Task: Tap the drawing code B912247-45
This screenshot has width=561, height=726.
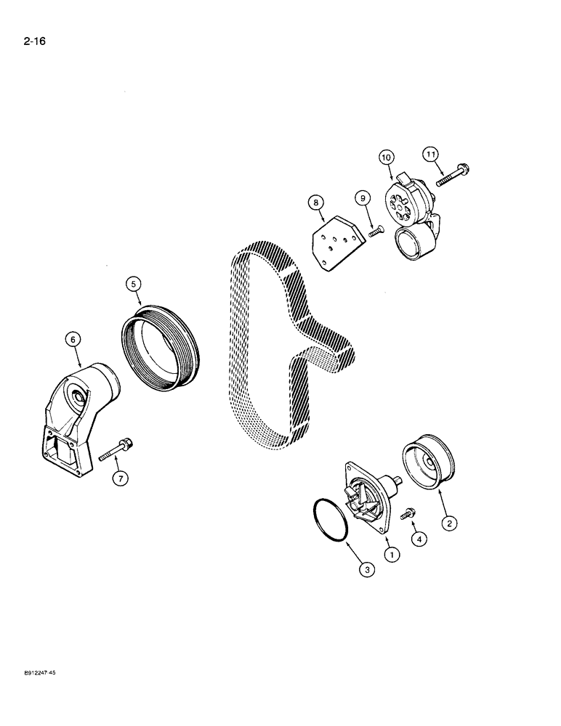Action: pyautogui.click(x=34, y=674)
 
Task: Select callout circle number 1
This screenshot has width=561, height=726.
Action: pyautogui.click(x=393, y=555)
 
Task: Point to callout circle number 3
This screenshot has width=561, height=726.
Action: pyautogui.click(x=368, y=571)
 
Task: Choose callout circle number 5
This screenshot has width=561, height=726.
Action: pyautogui.click(x=133, y=284)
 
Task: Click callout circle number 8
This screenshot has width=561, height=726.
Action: pyautogui.click(x=315, y=203)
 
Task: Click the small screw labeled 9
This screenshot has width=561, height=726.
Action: pyautogui.click(x=375, y=232)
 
